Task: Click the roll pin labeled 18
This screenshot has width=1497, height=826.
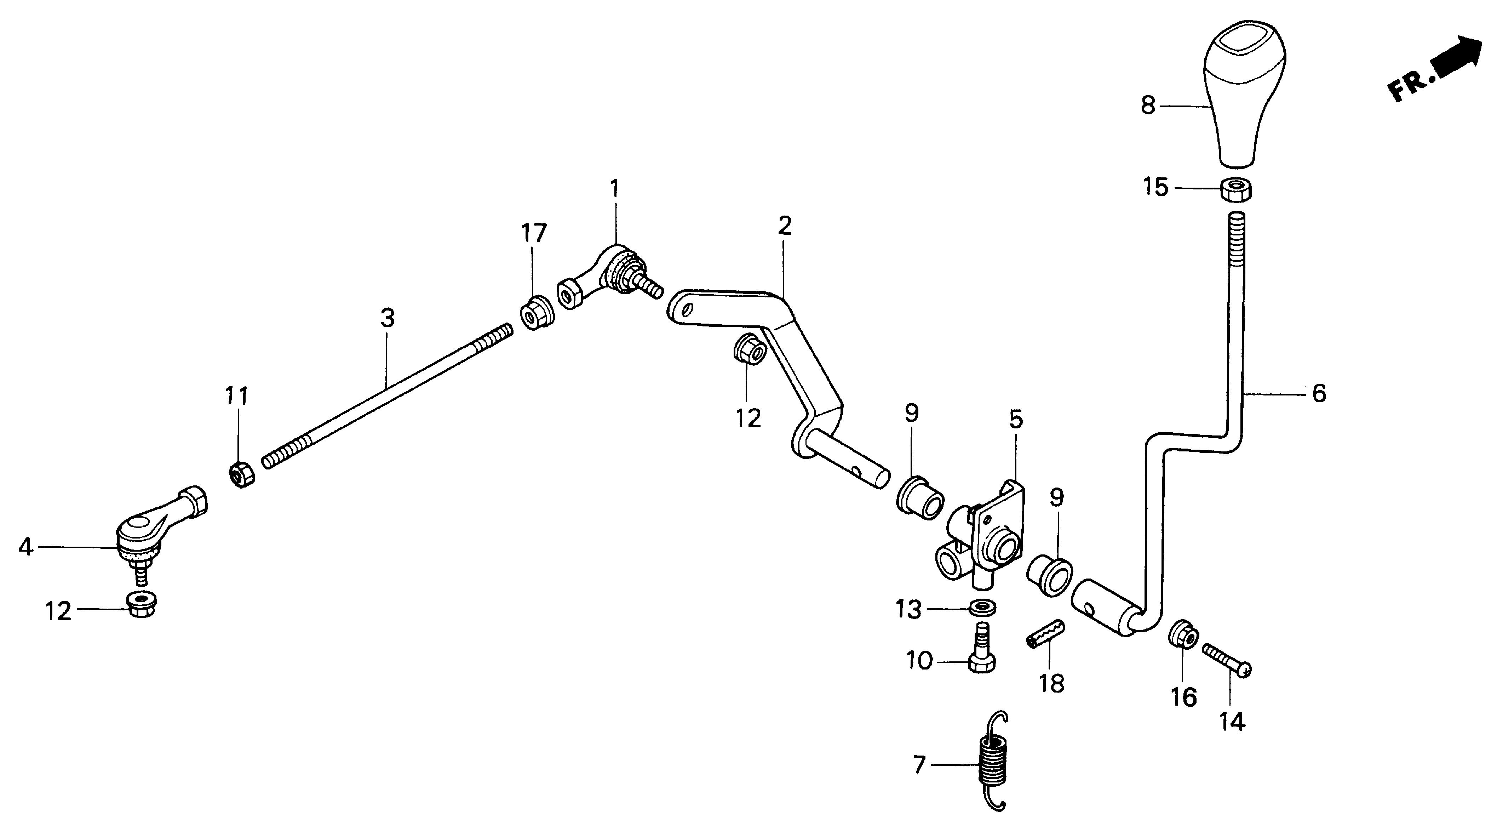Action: click(x=1047, y=637)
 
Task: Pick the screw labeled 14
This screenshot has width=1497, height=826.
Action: click(x=1226, y=659)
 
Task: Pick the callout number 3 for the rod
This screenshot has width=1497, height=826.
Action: click(x=388, y=318)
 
